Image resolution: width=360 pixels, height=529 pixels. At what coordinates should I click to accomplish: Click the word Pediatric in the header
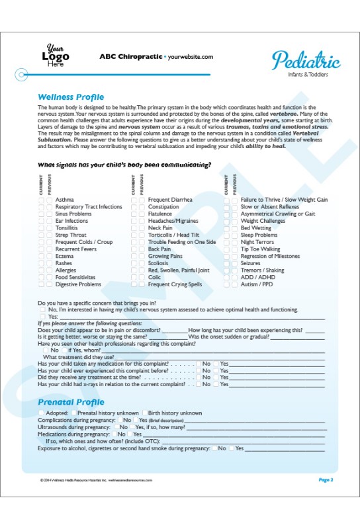click(306, 61)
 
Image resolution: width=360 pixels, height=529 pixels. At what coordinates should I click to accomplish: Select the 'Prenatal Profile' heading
click(71, 402)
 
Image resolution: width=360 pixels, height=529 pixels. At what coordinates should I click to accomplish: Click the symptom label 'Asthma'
click(65, 200)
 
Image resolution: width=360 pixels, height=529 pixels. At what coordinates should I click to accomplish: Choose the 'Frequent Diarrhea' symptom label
click(170, 200)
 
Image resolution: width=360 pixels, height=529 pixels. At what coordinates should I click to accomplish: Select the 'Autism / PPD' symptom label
click(256, 285)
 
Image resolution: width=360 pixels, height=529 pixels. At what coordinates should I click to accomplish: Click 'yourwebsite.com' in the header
click(191, 57)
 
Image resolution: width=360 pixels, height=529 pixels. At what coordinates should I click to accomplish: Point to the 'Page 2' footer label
click(326, 479)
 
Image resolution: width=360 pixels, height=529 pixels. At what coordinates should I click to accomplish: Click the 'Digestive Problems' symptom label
click(78, 285)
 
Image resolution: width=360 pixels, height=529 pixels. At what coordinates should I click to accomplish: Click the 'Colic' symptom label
click(154, 278)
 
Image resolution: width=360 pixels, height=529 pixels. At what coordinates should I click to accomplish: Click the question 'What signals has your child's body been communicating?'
click(124, 165)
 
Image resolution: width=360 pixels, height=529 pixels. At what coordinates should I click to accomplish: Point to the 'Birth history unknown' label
click(175, 413)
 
